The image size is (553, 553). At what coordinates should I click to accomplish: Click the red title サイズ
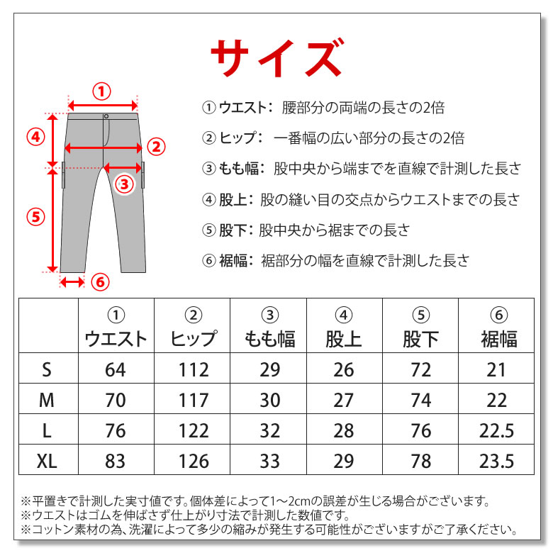point(277,57)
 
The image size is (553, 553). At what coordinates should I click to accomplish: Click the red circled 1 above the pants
point(101,91)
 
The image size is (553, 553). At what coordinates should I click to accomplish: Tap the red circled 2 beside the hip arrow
point(156,147)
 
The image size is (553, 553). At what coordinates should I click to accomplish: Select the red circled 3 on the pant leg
point(125,184)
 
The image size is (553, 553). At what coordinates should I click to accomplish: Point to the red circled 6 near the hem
point(100,282)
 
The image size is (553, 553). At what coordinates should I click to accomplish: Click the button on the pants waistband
point(106,116)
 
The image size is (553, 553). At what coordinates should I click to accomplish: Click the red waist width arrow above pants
point(103,106)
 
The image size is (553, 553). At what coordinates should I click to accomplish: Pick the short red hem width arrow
point(72,282)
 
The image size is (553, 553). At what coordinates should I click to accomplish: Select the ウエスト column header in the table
point(116,339)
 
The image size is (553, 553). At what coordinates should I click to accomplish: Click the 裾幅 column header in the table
point(499,339)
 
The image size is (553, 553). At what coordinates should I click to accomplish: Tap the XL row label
point(47,461)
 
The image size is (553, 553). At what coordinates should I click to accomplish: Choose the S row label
point(47,370)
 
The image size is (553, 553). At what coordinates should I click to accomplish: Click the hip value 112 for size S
point(194,370)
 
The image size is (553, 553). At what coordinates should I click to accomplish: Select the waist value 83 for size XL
point(116,461)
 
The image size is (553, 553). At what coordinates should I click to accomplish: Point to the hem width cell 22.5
point(496,430)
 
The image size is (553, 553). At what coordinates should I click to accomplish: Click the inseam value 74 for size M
point(421,401)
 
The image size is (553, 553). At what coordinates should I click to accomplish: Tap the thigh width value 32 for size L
point(270,430)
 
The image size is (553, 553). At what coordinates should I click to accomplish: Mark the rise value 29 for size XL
point(344,461)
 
